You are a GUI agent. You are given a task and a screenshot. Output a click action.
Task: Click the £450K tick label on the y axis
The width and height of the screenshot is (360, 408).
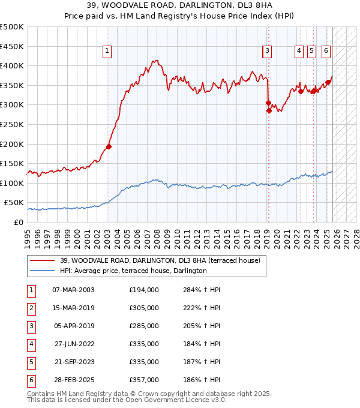coord(12,46)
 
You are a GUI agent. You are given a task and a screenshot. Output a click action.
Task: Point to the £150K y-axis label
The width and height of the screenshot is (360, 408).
coord(12,163)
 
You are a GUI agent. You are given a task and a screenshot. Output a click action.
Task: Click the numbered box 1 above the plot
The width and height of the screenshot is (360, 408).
coord(107,52)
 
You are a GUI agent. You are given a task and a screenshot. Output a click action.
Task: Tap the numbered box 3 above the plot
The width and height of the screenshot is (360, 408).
coord(266,52)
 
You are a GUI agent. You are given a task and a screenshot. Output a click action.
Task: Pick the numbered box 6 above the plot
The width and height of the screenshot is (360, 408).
coord(326,52)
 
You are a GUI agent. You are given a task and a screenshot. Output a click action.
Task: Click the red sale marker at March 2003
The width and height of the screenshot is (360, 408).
coord(109,146)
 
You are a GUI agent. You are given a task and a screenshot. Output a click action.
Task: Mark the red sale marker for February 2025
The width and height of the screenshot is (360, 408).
coord(328,83)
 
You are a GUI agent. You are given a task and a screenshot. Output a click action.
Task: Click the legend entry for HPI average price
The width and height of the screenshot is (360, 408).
coord(133,271)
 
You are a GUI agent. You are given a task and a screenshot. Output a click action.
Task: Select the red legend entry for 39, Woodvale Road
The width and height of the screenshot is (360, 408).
coord(160,261)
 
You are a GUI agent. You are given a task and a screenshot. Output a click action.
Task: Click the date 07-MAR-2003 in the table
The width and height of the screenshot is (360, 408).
coord(73,290)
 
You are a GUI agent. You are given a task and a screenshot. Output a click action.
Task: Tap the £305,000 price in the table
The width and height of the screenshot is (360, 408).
coord(144,308)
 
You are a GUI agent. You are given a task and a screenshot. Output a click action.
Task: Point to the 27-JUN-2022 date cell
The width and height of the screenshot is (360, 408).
coord(73,344)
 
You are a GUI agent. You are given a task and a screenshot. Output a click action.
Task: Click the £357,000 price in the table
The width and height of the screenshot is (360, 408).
coord(144,380)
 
